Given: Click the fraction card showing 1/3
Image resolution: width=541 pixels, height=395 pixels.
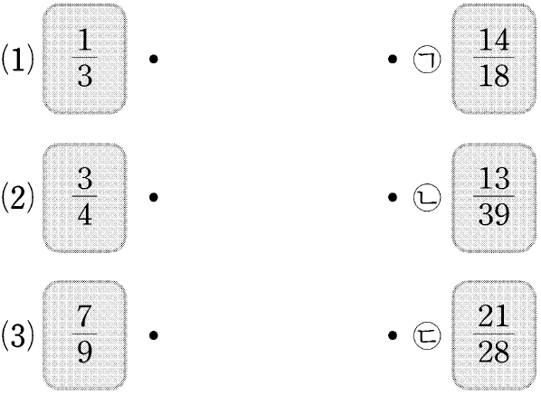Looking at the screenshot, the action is pyautogui.click(x=84, y=59).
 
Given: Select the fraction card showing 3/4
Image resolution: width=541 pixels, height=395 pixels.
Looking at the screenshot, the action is pyautogui.click(x=84, y=197).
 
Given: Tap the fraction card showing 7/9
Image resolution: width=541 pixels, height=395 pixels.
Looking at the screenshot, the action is pyautogui.click(x=84, y=335).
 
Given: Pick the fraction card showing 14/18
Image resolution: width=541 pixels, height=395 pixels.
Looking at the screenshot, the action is pyautogui.click(x=494, y=59).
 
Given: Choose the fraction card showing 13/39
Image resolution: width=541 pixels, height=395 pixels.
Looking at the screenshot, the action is pyautogui.click(x=494, y=197).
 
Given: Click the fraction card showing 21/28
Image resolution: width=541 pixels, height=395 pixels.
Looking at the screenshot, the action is pyautogui.click(x=494, y=335).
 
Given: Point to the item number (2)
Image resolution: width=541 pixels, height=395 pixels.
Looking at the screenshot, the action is pyautogui.click(x=18, y=197).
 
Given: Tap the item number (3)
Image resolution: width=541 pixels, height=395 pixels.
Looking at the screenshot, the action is pyautogui.click(x=18, y=335).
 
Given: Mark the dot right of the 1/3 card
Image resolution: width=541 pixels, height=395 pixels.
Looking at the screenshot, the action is pyautogui.click(x=154, y=60).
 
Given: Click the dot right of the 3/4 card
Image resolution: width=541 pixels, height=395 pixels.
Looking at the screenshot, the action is pyautogui.click(x=154, y=197).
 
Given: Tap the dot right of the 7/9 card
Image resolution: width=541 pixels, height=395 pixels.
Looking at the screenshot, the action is pyautogui.click(x=154, y=335).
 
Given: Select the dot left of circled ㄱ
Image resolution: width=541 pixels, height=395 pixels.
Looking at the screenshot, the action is pyautogui.click(x=393, y=60).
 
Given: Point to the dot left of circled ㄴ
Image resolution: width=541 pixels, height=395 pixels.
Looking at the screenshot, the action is pyautogui.click(x=393, y=197).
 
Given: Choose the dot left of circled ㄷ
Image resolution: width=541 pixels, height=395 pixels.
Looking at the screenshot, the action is pyautogui.click(x=393, y=335).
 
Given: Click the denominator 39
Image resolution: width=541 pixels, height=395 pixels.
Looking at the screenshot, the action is pyautogui.click(x=494, y=214).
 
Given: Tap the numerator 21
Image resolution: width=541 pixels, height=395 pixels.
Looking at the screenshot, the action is pyautogui.click(x=494, y=316).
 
